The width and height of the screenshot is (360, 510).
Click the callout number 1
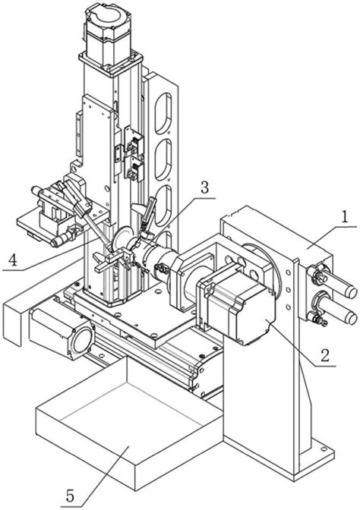(345, 217)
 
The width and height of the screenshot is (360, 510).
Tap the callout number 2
(324, 355)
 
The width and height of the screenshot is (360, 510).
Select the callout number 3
(204, 188)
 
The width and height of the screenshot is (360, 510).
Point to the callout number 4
(12, 260)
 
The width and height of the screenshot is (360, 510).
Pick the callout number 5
(70, 496)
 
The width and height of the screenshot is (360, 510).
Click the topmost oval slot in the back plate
(163, 113)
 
